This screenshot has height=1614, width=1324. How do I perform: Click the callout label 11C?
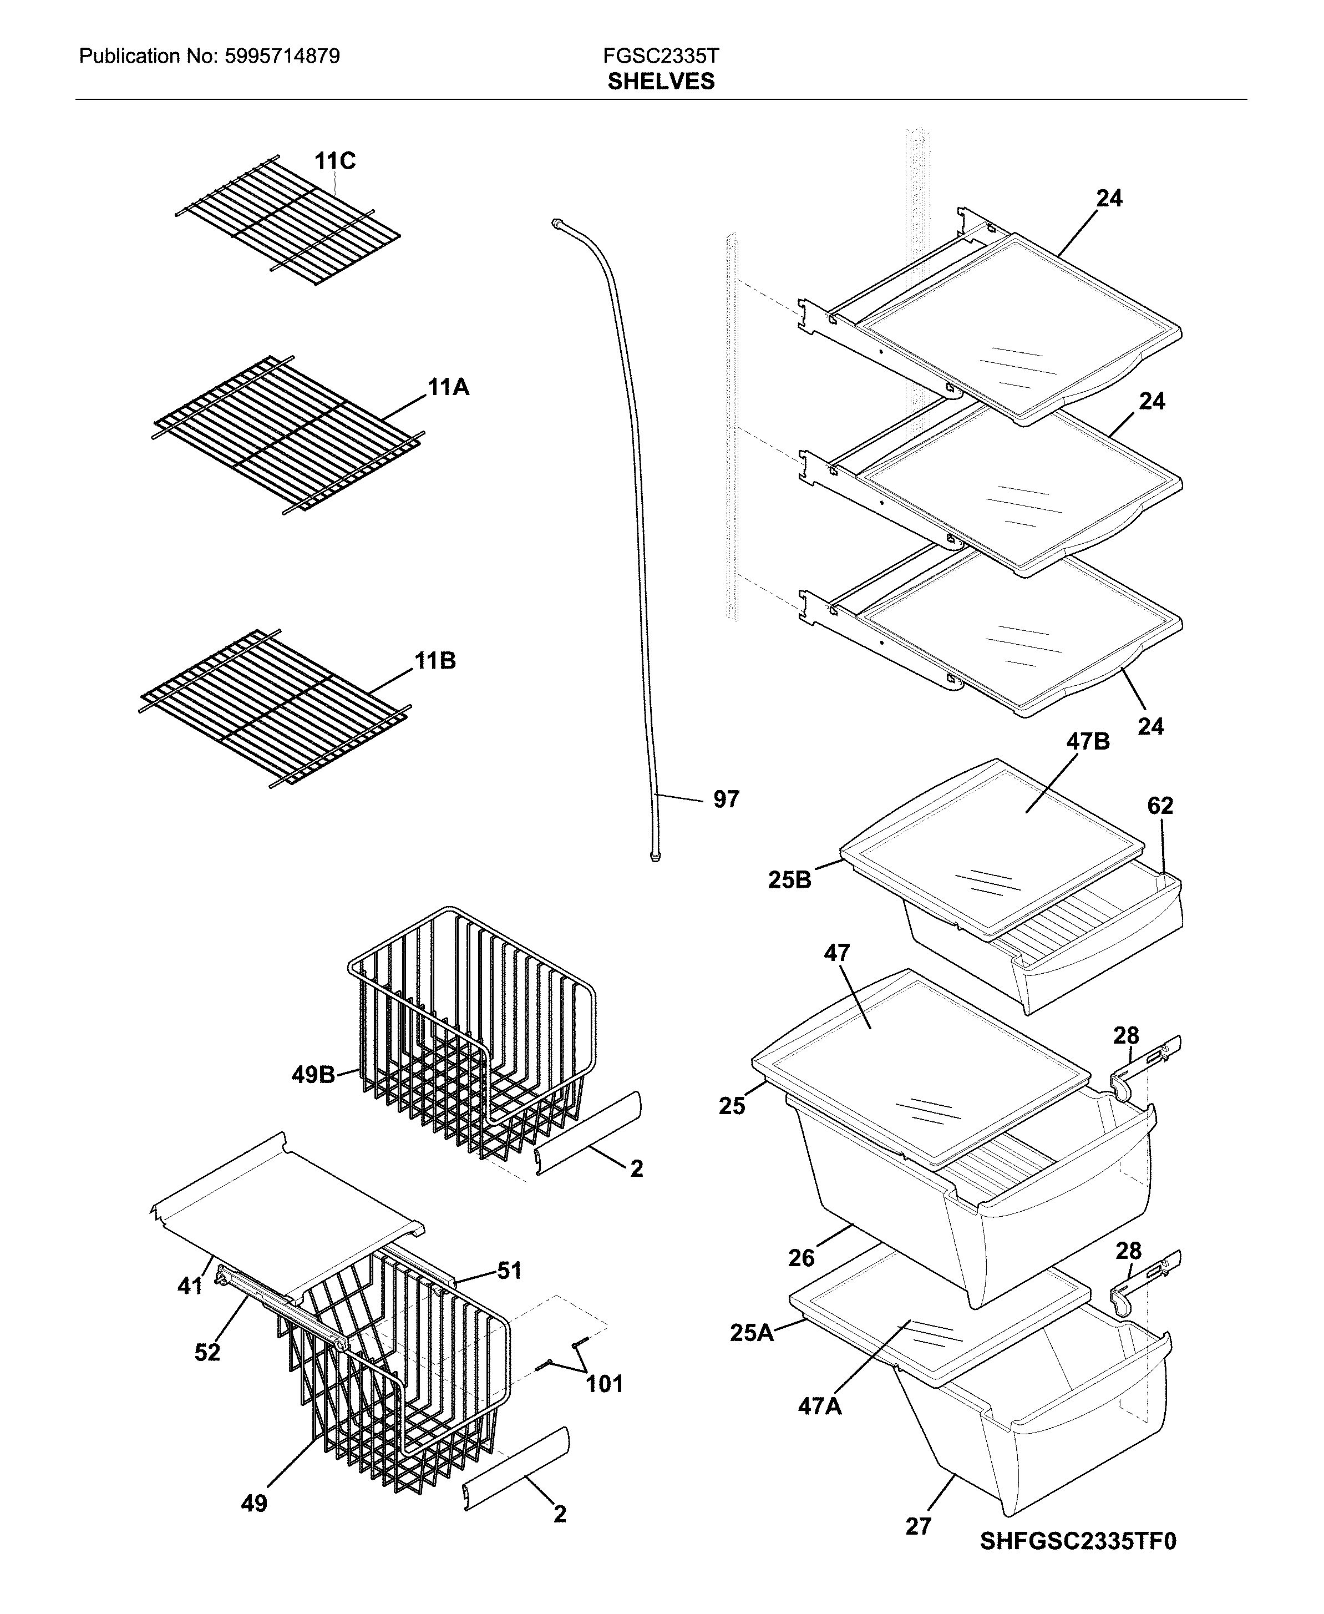point(335,161)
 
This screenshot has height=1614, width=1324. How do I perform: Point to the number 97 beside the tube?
point(726,800)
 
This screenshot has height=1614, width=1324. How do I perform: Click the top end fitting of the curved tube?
point(555,222)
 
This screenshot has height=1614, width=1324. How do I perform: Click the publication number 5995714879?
point(282,55)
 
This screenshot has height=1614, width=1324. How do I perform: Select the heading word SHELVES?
point(661,82)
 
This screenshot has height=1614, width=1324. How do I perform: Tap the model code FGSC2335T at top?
point(661,55)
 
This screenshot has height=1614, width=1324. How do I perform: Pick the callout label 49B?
point(313,1075)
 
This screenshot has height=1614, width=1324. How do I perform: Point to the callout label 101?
point(604,1384)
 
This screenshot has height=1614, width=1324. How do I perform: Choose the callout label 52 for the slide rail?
point(207,1352)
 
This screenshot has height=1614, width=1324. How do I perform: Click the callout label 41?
point(190,1286)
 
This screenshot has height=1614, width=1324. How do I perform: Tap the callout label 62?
point(1160,806)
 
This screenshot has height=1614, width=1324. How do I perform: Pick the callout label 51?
point(509,1270)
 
